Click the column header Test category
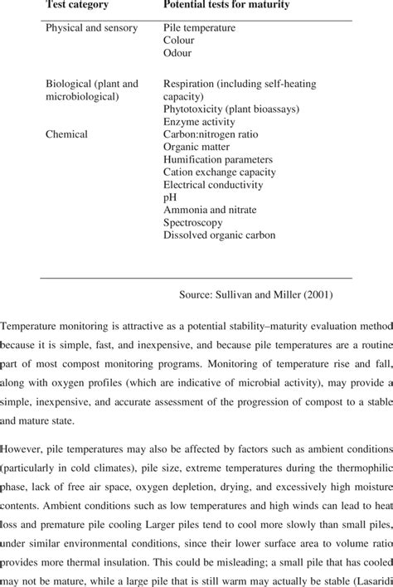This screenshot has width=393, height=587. [x=78, y=6]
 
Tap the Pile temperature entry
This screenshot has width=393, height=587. [x=199, y=27]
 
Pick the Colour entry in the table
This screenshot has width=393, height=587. [x=179, y=40]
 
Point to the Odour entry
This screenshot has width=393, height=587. [x=177, y=52]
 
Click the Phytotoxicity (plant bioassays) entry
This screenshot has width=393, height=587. [x=230, y=108]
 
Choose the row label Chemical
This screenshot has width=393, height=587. [x=67, y=133]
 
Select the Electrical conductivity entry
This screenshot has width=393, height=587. [x=214, y=184]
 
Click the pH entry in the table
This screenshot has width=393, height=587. [x=170, y=197]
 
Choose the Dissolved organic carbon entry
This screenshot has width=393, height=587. [x=219, y=235]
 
